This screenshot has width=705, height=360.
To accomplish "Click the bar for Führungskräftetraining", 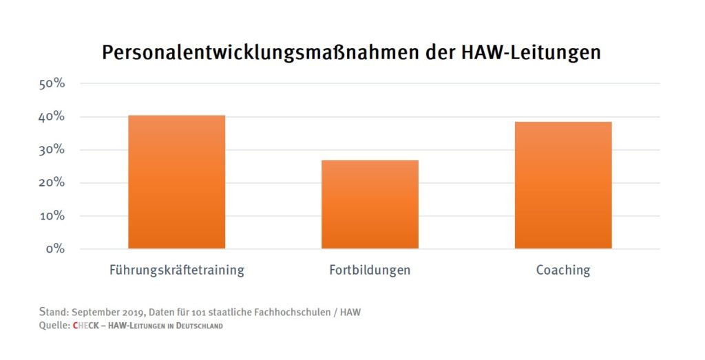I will point(176,182).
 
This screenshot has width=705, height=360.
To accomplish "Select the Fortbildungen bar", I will point(370,204).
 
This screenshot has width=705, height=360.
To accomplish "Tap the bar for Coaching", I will point(563,185).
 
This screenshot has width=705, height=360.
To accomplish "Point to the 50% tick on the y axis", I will point(52,84).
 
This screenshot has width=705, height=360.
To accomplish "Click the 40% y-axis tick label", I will point(52,117).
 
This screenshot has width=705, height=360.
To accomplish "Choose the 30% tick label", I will point(52,150).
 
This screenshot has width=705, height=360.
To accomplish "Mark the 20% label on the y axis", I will point(52,183).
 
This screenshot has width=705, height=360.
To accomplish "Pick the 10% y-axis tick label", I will point(52,216).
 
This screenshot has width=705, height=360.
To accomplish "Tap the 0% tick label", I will point(55,248).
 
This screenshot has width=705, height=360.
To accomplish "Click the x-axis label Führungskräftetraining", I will point(176,270).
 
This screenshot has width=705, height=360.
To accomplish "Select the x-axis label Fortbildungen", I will point(370,270).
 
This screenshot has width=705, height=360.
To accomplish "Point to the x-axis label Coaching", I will point(563,270).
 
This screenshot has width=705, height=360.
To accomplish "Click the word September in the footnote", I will point(96,313).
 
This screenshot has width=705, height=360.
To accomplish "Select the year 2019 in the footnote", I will point(136,313).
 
